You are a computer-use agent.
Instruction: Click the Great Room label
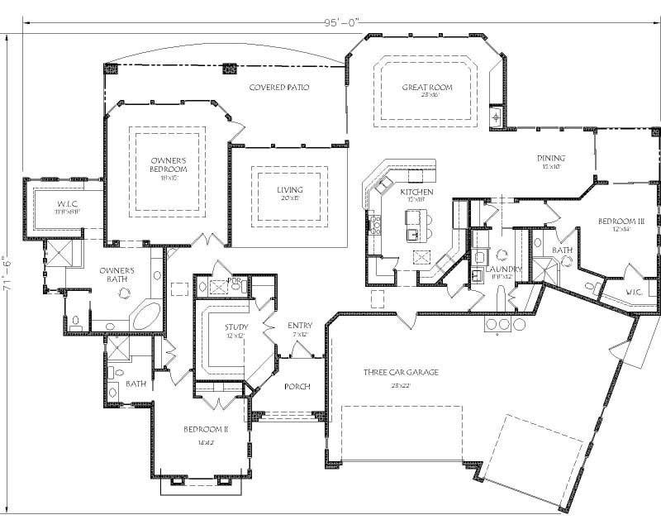pos(425,87)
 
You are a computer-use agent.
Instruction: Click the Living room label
pos(289,189)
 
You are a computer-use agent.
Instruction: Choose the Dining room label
pos(551,158)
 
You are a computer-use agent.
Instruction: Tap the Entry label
pos(299,325)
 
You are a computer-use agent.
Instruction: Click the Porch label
pos(297,386)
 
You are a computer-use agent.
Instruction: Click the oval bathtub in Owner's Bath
pos(147,317)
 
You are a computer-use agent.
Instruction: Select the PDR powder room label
pos(235,281)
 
